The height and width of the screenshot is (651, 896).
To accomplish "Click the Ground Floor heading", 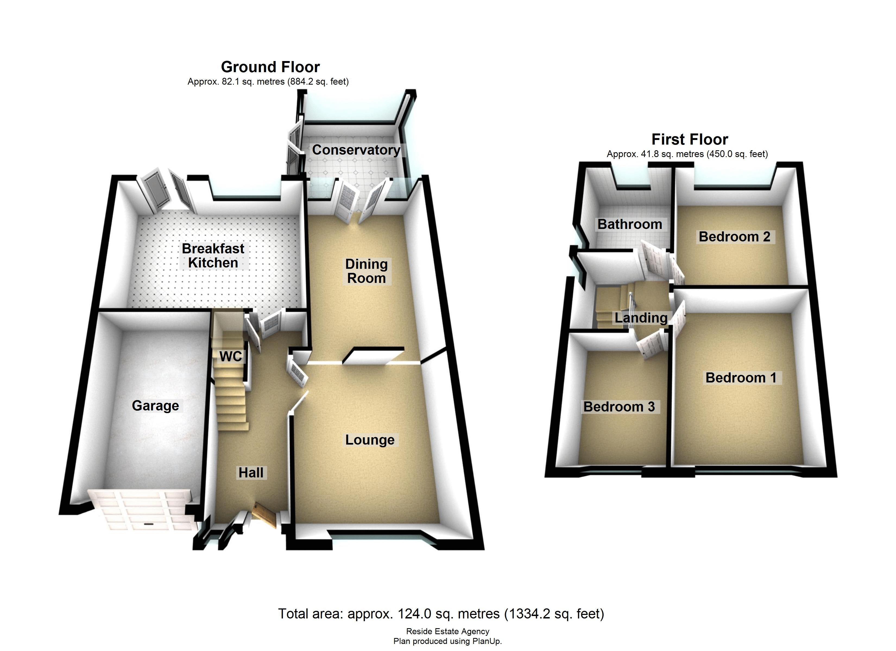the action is point(270,67).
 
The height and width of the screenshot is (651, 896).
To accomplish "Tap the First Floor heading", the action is point(689,139).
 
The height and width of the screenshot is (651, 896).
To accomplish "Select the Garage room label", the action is point(155,406).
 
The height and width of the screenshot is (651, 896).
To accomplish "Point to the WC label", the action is point(230,356).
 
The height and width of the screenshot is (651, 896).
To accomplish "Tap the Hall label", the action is point(251,473).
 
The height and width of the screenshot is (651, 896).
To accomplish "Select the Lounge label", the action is point(370,440).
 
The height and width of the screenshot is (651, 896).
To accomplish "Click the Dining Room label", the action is point(366,271).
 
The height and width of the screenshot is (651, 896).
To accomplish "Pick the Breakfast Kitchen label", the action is point(213,256).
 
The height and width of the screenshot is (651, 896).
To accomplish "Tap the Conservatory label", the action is point(356,150).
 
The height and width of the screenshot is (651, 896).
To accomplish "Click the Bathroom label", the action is point(630,224).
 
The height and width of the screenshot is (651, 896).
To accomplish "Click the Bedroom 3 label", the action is point(619,407).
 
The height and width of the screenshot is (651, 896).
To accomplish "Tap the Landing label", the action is point(641,318).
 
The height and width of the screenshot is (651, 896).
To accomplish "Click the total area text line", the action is point(441,614).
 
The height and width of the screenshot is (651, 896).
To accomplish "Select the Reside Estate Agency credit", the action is point(448,631).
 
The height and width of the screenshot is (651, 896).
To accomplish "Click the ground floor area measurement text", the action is point(268,82).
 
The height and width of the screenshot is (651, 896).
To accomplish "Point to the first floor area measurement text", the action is point(687,154).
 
